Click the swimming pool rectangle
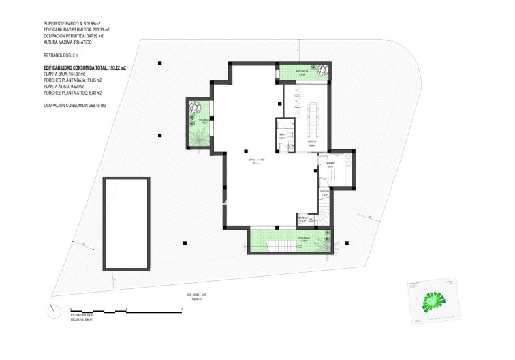[126, 224]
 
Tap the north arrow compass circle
[54, 311]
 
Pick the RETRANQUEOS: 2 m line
[62, 54]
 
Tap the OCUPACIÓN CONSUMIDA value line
[74, 106]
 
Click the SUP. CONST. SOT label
[197, 295]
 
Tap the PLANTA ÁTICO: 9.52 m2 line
[63, 87]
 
